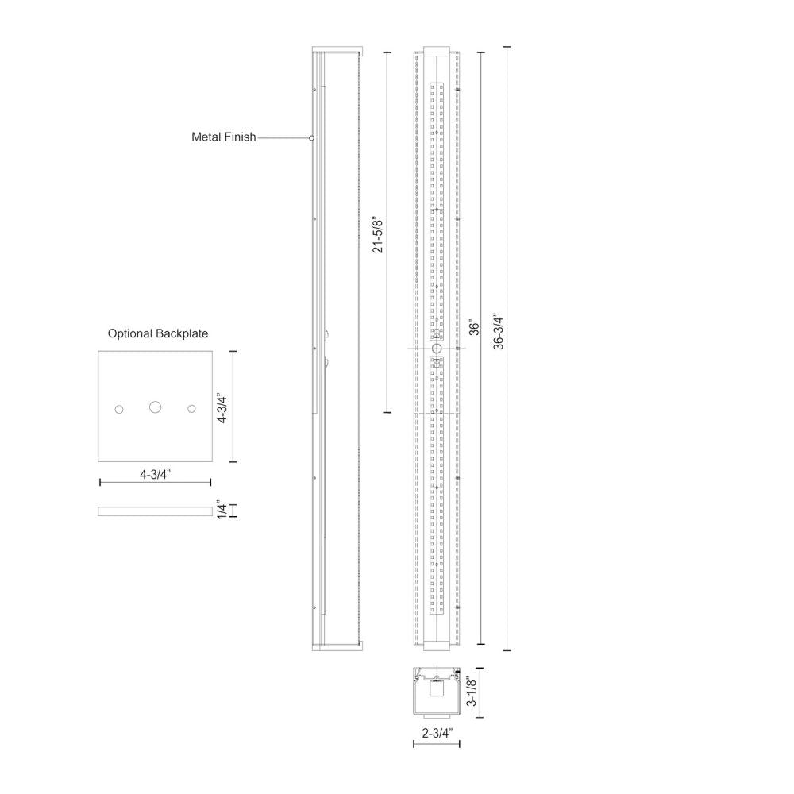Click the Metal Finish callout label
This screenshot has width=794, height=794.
pos(223,137)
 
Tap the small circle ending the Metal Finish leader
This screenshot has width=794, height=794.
pos(311,138)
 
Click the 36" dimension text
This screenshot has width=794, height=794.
pos(473,330)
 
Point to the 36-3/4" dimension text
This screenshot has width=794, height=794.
pos(499,330)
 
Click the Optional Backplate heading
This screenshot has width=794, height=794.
pos(158,333)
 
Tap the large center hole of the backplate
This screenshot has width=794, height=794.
pos(155,407)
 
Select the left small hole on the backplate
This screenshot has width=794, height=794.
pos(119,408)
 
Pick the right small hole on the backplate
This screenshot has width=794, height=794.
pos(191,408)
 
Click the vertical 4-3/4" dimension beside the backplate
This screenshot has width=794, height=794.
pos(224,406)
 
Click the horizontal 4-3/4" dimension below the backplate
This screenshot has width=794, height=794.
pos(156,475)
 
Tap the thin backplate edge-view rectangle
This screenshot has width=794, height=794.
pos(155,511)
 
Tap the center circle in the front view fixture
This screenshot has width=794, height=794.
pos(436,349)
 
